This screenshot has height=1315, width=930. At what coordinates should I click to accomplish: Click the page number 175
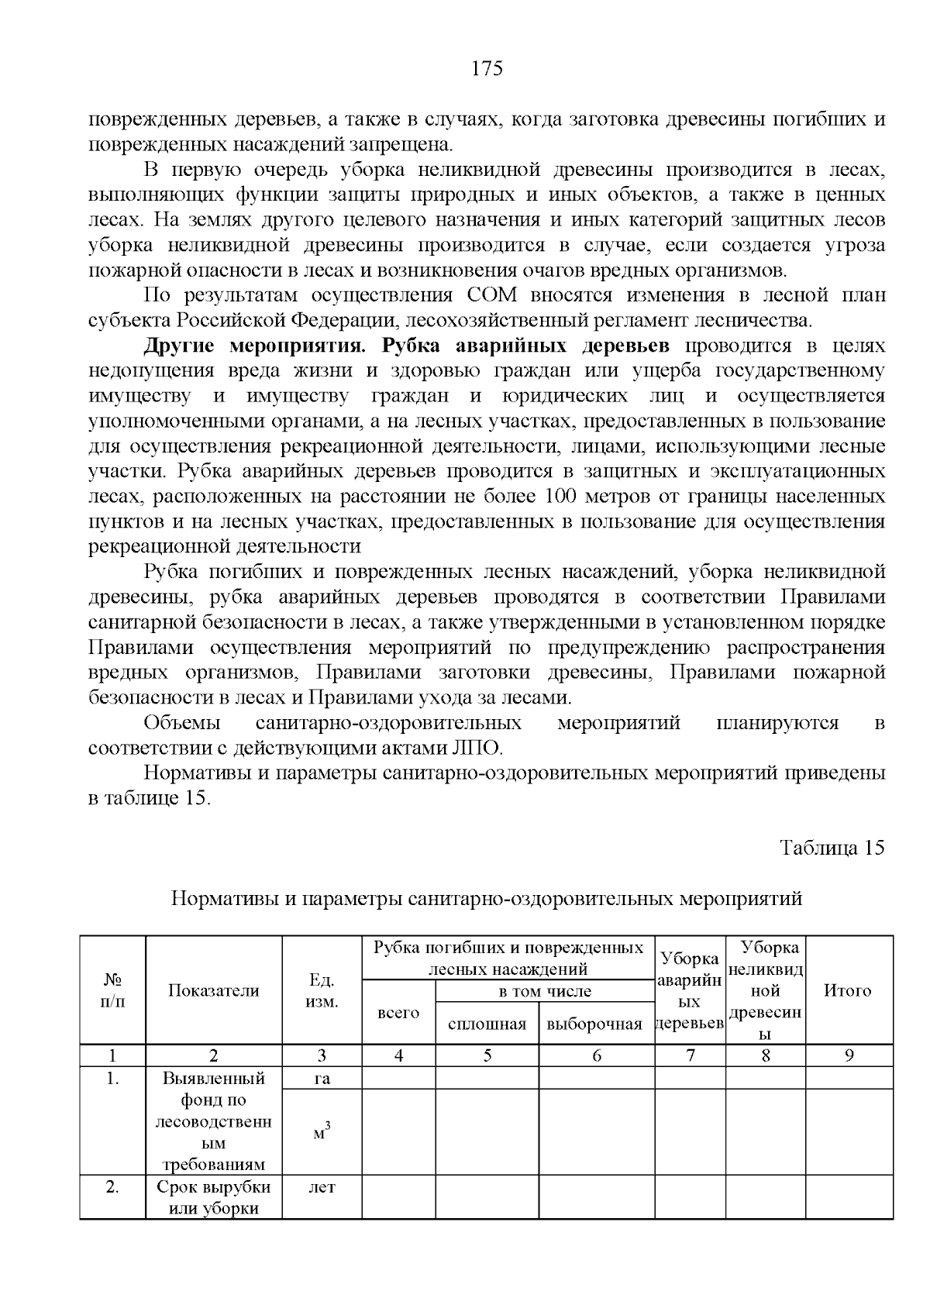pos(487,69)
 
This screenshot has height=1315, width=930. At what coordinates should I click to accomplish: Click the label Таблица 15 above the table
pos(832,847)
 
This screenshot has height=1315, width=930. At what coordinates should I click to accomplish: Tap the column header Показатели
pos(214,990)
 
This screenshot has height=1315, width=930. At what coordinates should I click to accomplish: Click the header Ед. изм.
pos(322,990)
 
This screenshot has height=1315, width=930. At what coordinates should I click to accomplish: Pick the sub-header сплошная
pos(487,1024)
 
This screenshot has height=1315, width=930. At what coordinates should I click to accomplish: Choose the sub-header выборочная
pos(595,1024)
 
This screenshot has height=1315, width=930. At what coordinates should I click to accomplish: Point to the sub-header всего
pos(398,1013)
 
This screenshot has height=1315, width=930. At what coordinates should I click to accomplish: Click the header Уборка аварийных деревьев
pos(689,990)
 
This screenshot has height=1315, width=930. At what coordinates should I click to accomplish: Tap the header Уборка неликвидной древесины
pos(765,990)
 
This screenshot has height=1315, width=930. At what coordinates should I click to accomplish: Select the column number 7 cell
pos(690,1055)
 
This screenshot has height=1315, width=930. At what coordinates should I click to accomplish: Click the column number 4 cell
pos(398,1055)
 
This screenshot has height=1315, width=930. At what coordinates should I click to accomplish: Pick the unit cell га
pos(322,1078)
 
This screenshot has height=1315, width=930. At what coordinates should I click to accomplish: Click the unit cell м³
pos(322,1132)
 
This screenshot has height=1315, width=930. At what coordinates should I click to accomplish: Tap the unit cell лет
pos(322,1186)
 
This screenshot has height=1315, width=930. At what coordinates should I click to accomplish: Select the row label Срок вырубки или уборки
pos(214,1197)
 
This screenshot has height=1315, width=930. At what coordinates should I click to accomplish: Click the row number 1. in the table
pos(112,1078)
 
